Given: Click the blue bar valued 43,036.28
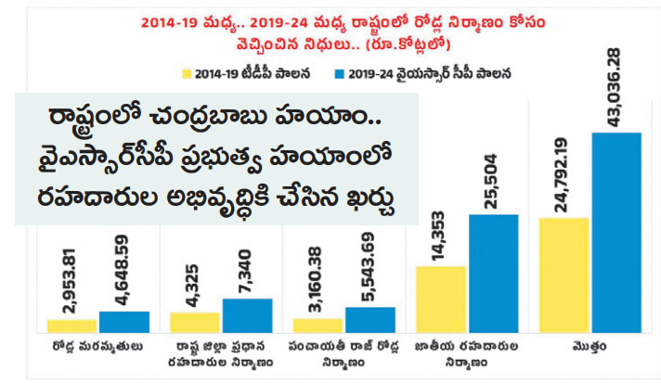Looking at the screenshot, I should click(616, 232).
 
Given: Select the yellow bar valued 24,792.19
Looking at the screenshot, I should click(564, 274).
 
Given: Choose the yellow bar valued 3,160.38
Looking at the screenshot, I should click(318, 325).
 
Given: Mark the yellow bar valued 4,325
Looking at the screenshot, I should click(195, 322).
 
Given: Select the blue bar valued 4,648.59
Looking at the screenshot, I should click(123, 322).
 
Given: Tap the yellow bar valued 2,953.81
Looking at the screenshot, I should click(71, 326).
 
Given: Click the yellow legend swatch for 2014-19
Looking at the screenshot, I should click(186, 71).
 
